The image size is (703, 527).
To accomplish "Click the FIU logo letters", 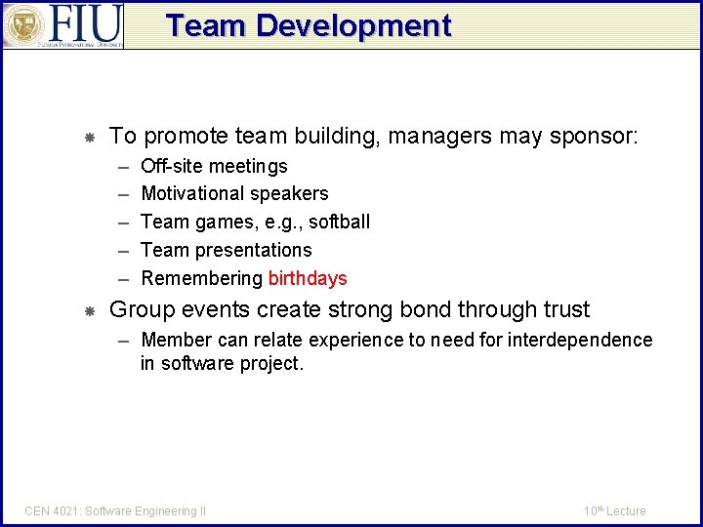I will tap(85, 23).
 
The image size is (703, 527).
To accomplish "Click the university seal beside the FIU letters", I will tap(22, 25).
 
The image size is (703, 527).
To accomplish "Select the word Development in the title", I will tap(353, 26).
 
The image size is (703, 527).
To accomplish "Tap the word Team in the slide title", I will tap(206, 26).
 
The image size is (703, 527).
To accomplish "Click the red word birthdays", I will tap(308, 278).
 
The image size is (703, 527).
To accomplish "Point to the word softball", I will tap(339, 222).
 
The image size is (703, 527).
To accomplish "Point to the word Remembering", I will tap(201, 278).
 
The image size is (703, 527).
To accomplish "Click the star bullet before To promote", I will tap(88, 138).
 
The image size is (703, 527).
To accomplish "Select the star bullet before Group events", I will tap(88, 311).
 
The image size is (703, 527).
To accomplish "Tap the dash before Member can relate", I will tap(123, 340).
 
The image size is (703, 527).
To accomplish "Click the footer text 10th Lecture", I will tap(614, 510).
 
